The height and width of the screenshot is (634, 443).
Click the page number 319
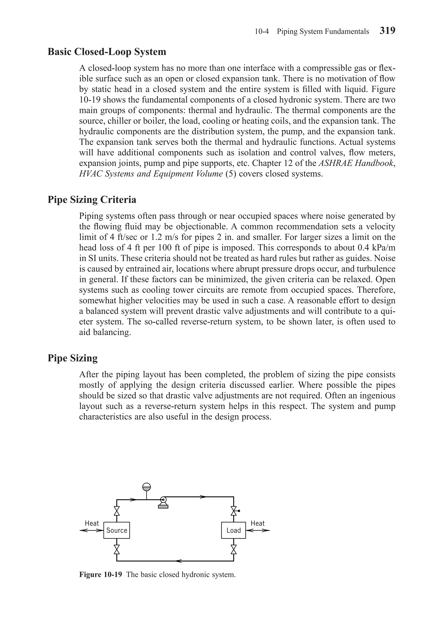(x=387, y=30)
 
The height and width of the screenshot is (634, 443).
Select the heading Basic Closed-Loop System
(x=107, y=52)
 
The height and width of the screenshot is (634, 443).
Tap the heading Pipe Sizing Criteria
(x=92, y=199)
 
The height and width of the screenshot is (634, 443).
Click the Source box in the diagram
(x=117, y=530)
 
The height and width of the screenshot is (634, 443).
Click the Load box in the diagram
(x=233, y=530)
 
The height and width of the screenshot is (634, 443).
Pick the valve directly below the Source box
(x=117, y=549)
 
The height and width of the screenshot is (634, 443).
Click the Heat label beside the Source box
(x=91, y=523)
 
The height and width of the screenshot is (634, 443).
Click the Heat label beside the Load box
(x=257, y=523)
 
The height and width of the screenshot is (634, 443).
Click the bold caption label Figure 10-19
(x=100, y=575)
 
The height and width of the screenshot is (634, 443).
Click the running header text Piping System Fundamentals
(x=323, y=31)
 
